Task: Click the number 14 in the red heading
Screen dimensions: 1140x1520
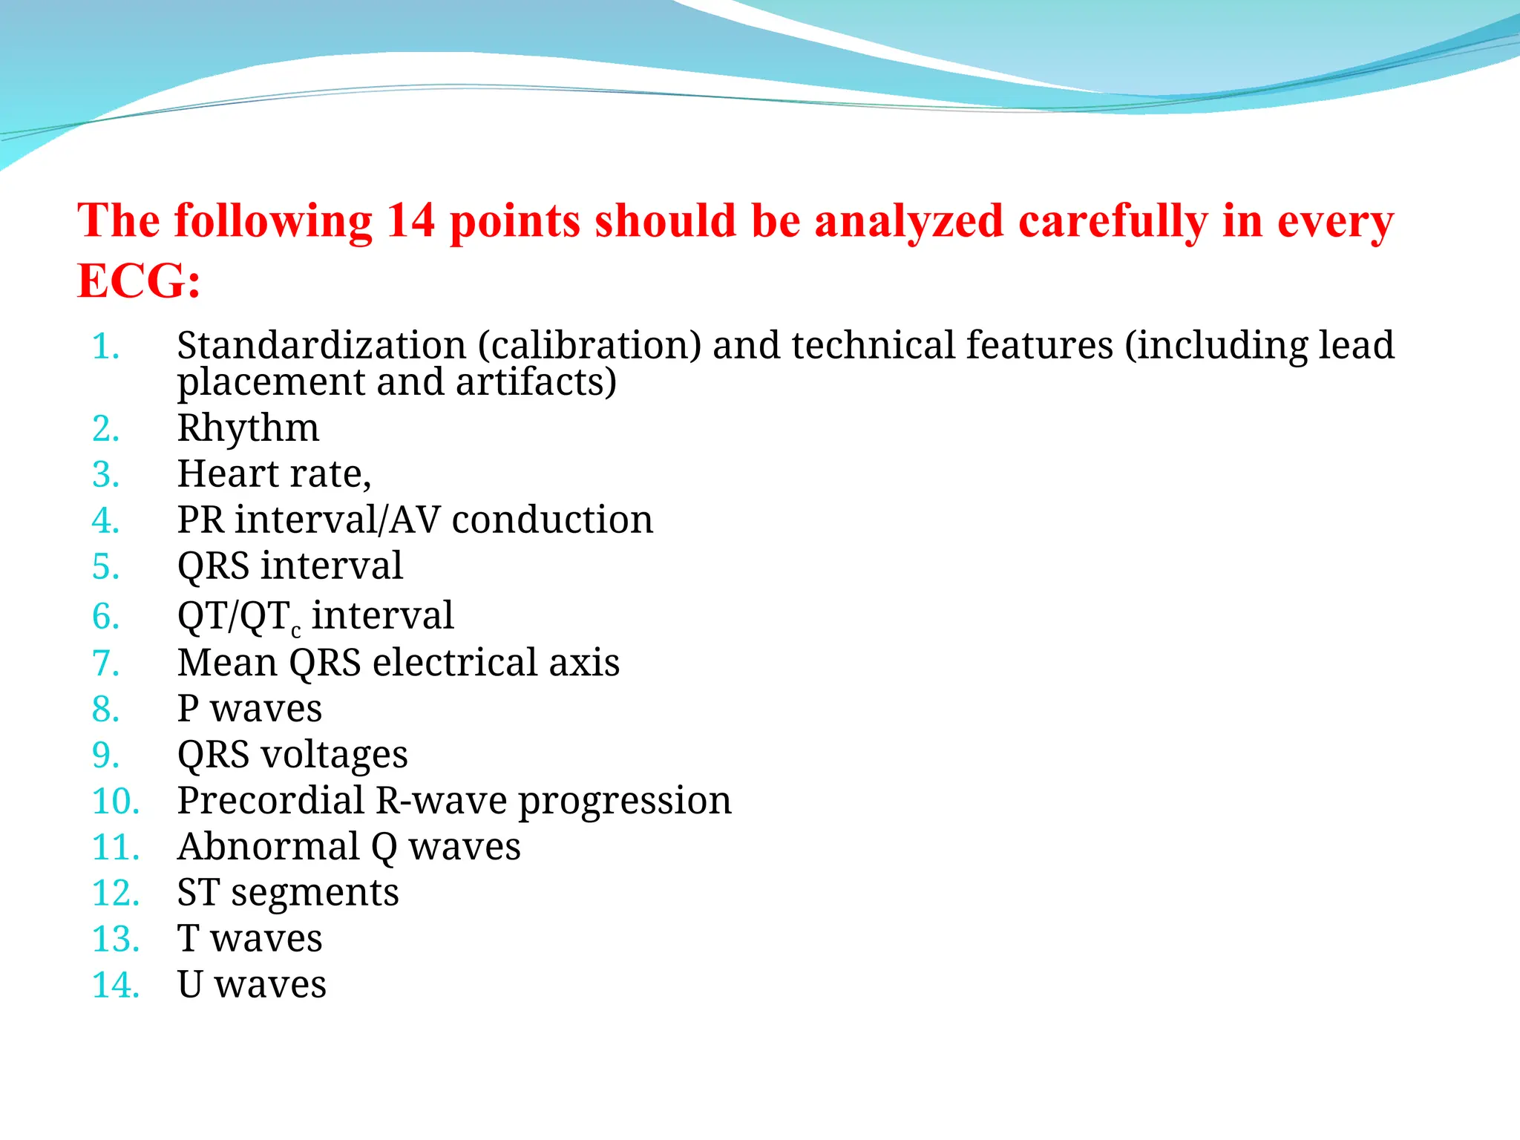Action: click(x=410, y=220)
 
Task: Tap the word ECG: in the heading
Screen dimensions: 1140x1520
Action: click(x=139, y=281)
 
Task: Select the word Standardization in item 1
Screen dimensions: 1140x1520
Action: click(x=321, y=346)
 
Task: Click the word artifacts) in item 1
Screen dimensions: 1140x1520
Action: click(x=536, y=382)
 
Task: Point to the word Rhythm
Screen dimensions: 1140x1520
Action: click(x=248, y=428)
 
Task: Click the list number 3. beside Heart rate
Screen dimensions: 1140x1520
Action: click(x=106, y=475)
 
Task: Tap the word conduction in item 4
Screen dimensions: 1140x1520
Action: click(x=552, y=520)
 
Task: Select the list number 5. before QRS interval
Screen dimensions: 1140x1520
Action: click(x=106, y=567)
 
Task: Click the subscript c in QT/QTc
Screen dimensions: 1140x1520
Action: click(x=296, y=632)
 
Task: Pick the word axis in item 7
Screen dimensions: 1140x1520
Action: click(x=583, y=662)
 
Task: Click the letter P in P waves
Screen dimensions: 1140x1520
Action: click(x=188, y=708)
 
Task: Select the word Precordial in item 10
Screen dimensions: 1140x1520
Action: click(x=271, y=801)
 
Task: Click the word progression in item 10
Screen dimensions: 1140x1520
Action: click(x=624, y=802)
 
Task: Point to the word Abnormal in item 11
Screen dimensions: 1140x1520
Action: click(x=269, y=847)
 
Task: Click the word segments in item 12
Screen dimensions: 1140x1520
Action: click(x=315, y=893)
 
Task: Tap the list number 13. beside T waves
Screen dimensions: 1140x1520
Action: click(x=115, y=940)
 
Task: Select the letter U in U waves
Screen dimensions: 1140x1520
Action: click(x=190, y=985)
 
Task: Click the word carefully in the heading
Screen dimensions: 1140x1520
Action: click(x=1113, y=222)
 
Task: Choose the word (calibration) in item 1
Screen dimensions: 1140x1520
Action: click(x=590, y=346)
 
